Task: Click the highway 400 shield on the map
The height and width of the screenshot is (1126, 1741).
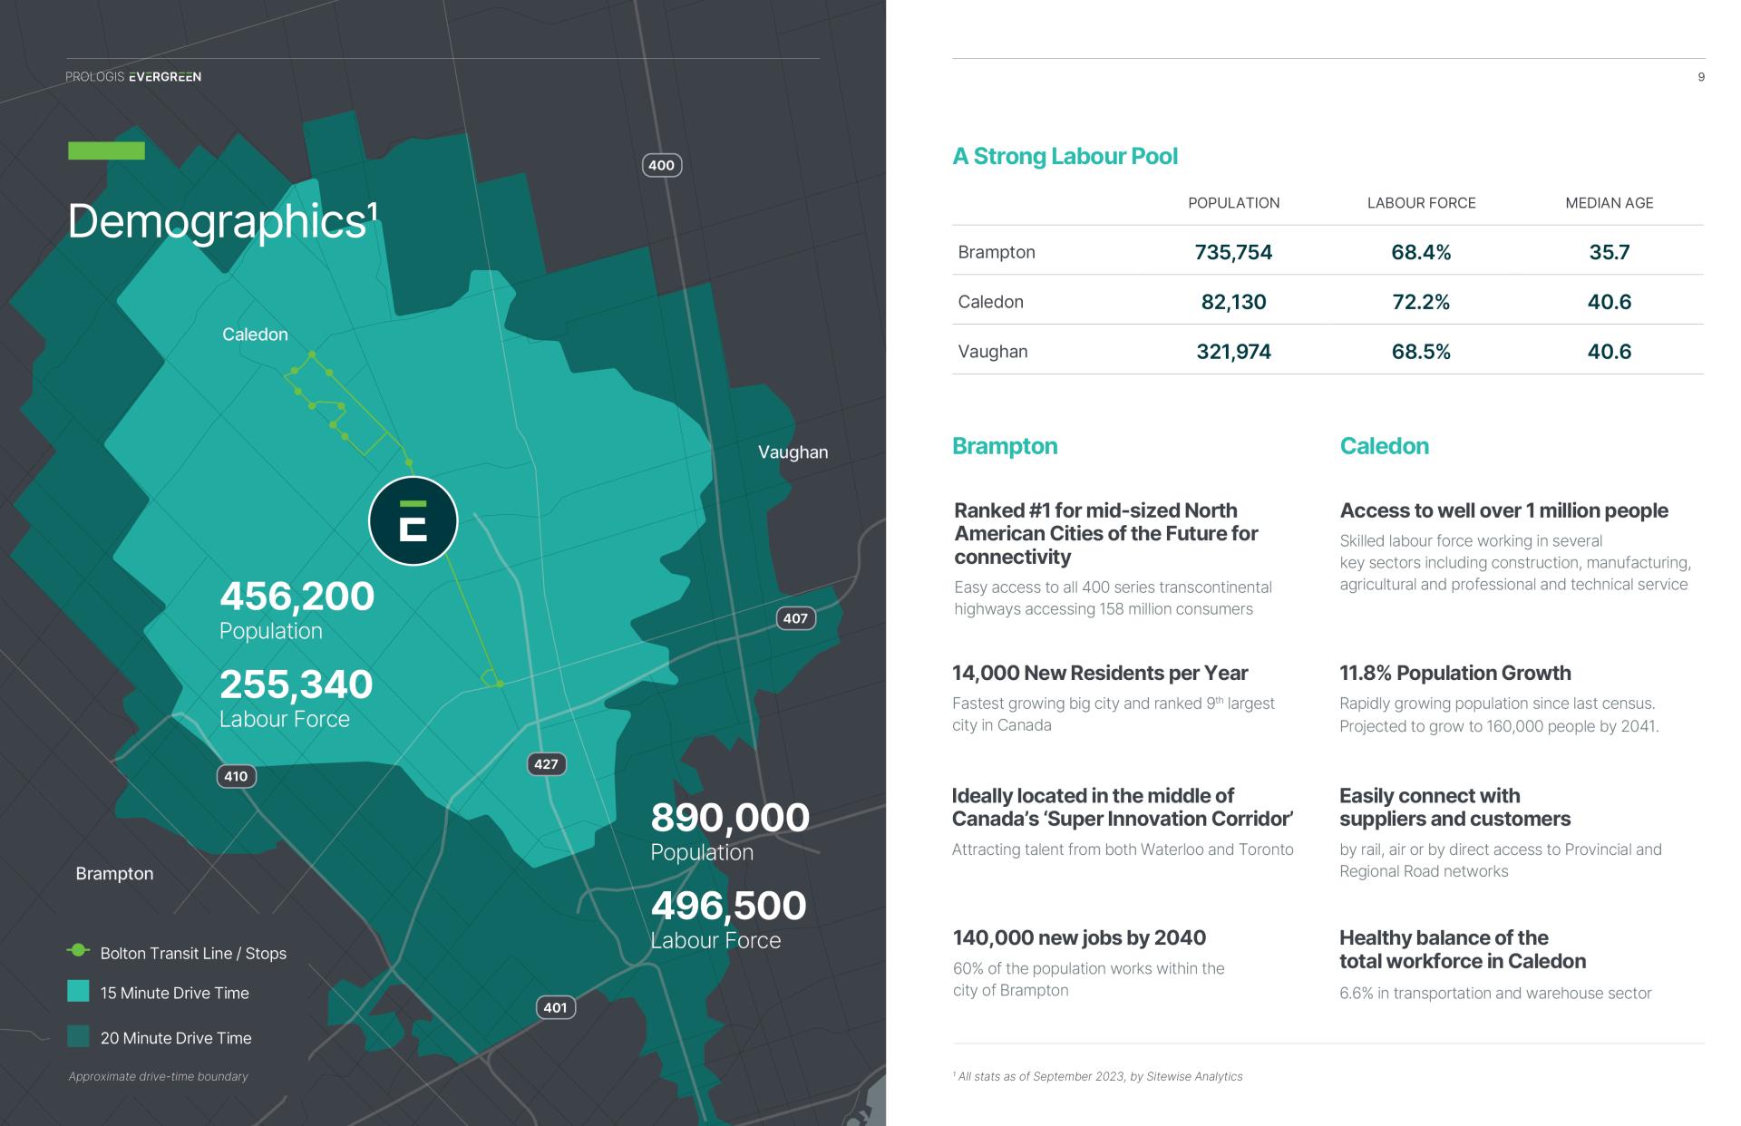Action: click(x=662, y=165)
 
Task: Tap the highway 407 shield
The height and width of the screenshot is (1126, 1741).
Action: click(x=795, y=618)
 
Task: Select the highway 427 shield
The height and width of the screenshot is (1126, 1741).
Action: click(x=546, y=764)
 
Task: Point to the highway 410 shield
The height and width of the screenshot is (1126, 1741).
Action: click(x=236, y=776)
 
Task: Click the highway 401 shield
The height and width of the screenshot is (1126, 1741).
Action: click(x=555, y=1007)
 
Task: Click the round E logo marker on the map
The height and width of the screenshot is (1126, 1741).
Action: click(x=413, y=521)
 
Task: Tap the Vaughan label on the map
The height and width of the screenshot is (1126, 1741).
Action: click(x=793, y=452)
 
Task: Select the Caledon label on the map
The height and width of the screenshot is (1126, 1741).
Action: click(x=255, y=335)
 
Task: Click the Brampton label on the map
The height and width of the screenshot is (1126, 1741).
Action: click(x=114, y=874)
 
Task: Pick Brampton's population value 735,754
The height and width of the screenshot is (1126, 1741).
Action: click(x=1233, y=252)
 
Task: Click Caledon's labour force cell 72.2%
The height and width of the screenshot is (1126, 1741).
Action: click(x=1421, y=302)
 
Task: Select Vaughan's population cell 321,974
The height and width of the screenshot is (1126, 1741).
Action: click(x=1233, y=352)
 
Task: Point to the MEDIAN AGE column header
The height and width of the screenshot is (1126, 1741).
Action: click(x=1610, y=203)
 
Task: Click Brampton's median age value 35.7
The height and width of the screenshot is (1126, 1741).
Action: click(x=1610, y=252)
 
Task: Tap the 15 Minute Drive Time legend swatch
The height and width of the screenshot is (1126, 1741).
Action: click(x=78, y=992)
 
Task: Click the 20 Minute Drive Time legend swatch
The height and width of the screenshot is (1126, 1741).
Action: click(x=78, y=1036)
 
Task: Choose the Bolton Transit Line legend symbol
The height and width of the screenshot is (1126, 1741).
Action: click(x=79, y=950)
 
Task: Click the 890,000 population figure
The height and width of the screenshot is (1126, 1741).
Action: click(x=730, y=818)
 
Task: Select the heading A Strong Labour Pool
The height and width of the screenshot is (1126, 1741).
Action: click(x=1065, y=156)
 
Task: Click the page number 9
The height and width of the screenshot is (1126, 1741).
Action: click(x=1701, y=77)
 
